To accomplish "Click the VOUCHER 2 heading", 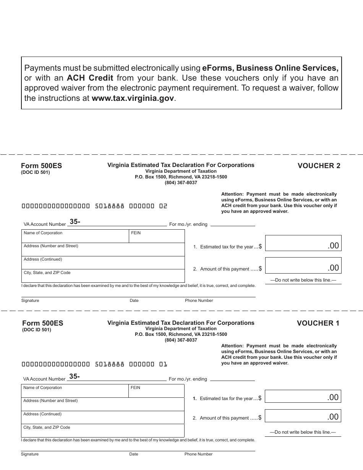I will pos(319,165).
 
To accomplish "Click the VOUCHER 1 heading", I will pos(318,323).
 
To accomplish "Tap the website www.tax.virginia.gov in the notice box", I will pos(133,98).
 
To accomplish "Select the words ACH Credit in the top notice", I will pos(90,78).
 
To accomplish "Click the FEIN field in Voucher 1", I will pos(157,391).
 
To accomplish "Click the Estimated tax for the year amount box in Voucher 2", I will pos(303,243).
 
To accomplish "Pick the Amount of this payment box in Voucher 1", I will pos(302,416).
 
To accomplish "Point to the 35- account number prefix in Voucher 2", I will pos(75,222).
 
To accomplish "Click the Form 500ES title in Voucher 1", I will pos(43,323).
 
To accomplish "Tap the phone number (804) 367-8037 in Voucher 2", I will pos(181,183).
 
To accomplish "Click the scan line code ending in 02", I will pos(94,206).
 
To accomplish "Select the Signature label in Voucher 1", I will pos(30,454).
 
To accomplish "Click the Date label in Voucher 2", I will pos(134,300).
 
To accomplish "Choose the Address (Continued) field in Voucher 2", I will pos(102,263).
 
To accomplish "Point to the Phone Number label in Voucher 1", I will pos(198,454).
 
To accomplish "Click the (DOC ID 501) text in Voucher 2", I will pos(35,172).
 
